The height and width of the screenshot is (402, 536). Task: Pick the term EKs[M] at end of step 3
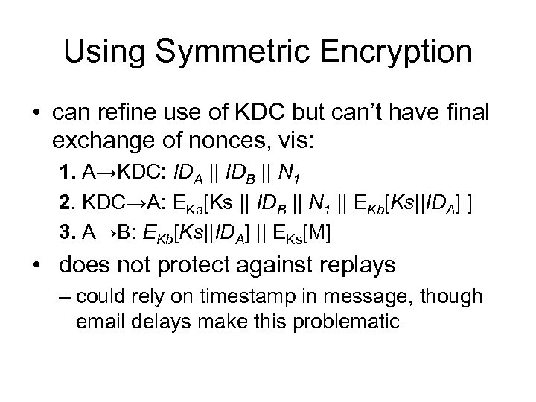(x=304, y=233)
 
